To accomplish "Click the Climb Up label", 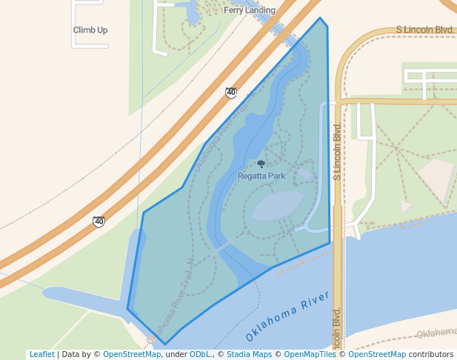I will (x=90, y=30).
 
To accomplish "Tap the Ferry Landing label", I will (x=250, y=10).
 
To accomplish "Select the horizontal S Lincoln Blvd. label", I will (x=424, y=30).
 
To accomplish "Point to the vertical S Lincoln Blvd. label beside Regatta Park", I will (x=336, y=151).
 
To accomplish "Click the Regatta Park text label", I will (x=261, y=176).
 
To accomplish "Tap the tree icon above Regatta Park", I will (x=261, y=164).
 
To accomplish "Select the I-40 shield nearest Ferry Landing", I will (x=231, y=93).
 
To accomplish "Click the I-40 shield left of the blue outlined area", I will (x=99, y=221).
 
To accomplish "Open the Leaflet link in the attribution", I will (x=41, y=355).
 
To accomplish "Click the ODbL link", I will (x=199, y=355).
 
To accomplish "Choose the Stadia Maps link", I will (x=249, y=355).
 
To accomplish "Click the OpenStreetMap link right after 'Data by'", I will (x=132, y=355).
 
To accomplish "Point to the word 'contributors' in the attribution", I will (x=431, y=355).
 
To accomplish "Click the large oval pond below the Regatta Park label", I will (x=277, y=205).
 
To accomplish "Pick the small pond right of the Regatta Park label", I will (x=304, y=175).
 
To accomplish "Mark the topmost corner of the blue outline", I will (x=320, y=18).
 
